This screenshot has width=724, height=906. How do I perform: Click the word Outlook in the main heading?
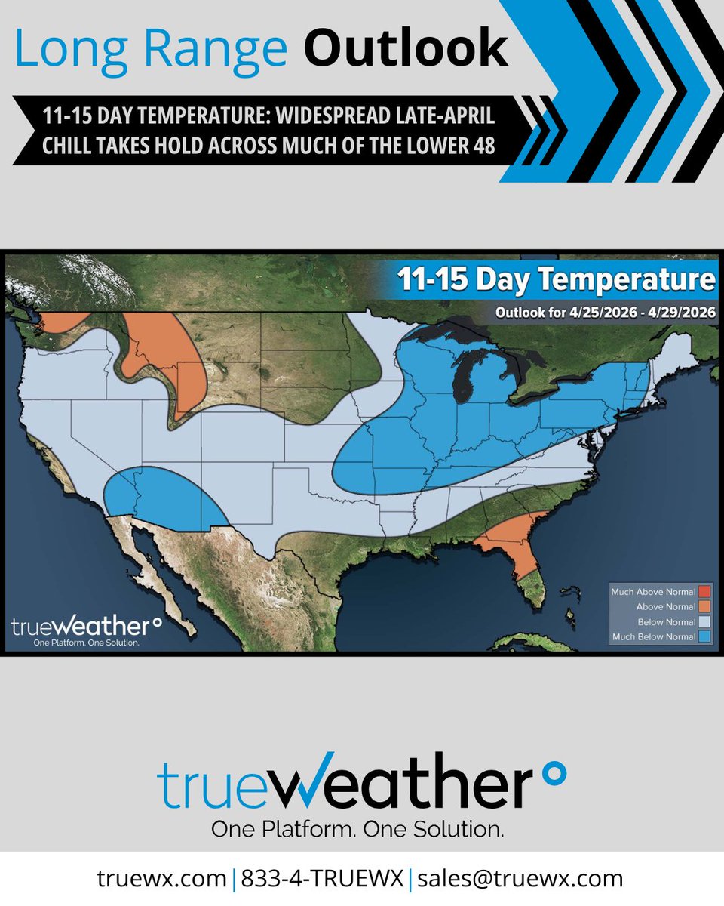[x=406, y=48]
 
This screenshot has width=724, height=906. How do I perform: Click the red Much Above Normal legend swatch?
[x=704, y=591]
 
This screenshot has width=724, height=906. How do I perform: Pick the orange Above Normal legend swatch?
[x=704, y=606]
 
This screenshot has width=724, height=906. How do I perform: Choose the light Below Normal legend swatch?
[x=704, y=621]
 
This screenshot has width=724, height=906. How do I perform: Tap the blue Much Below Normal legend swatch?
[x=704, y=636]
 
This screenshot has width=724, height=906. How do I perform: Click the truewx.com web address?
[x=161, y=878]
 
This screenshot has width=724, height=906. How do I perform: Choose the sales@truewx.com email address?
[x=520, y=878]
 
